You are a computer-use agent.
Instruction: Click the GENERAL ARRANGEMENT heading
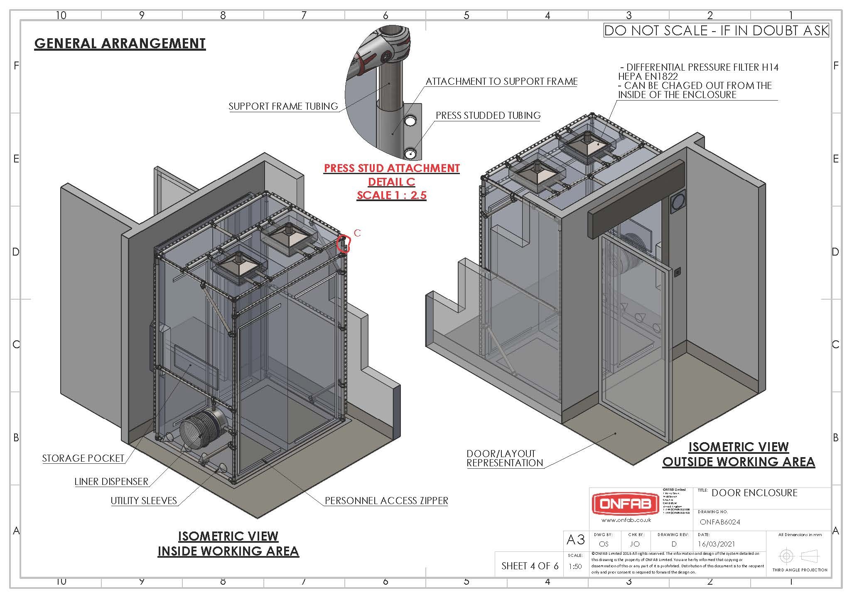(120, 44)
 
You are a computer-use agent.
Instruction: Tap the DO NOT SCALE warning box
(716, 30)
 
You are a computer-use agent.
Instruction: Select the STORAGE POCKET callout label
(83, 458)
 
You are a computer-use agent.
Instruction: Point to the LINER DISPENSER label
(111, 482)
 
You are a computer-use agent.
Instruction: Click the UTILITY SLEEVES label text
(144, 501)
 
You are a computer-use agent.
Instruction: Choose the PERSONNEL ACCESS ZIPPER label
(386, 501)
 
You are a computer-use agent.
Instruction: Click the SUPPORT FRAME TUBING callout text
(283, 106)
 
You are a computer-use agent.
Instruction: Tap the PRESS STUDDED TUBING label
(488, 116)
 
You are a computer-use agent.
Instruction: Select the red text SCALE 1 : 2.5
(391, 195)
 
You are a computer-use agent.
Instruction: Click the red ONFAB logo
(625, 504)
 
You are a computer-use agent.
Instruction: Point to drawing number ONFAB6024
(720, 522)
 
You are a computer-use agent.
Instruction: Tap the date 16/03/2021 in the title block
(717, 544)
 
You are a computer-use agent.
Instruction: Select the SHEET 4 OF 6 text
(530, 566)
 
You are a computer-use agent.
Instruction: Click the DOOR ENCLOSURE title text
(754, 493)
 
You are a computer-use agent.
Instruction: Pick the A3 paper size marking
(575, 540)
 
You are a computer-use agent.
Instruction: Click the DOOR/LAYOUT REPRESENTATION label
(505, 458)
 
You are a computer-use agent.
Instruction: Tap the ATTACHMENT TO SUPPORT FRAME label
(501, 81)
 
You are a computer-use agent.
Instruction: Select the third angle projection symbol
(799, 556)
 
